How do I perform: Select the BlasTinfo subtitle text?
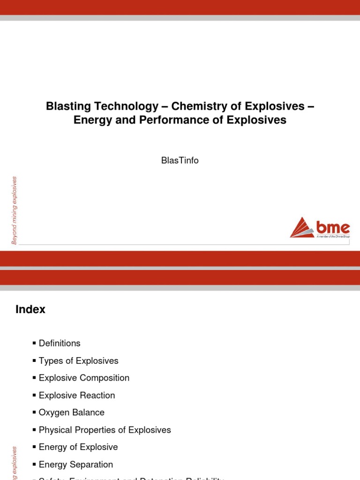[x=180, y=160]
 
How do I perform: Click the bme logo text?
[x=333, y=227]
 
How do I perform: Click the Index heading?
[x=30, y=309]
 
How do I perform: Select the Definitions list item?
[x=60, y=343]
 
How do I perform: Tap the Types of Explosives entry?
[x=78, y=360]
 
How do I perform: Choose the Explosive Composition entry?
[x=84, y=378]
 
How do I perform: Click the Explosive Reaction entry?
[x=77, y=395]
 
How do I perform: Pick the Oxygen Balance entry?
[x=72, y=412]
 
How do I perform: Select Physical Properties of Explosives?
[x=105, y=430]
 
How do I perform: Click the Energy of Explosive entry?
[x=78, y=447]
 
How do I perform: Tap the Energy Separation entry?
[x=76, y=465]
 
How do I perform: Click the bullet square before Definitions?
[x=34, y=343]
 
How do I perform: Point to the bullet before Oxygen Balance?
[x=34, y=412]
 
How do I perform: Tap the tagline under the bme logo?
[x=333, y=237]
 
